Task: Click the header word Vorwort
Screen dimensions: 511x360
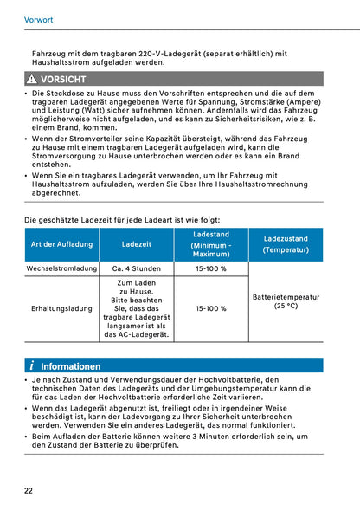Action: [x=37, y=15]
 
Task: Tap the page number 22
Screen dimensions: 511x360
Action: [x=29, y=491]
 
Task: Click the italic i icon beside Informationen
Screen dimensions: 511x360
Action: [x=31, y=365]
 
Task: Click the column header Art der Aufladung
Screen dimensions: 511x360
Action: [x=61, y=244]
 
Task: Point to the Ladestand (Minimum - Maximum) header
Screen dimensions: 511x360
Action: [x=211, y=244]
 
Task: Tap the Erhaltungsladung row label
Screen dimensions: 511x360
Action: [x=61, y=308]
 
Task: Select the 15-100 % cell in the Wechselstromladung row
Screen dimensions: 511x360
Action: [x=211, y=269]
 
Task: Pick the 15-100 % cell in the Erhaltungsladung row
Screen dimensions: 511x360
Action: [x=211, y=308]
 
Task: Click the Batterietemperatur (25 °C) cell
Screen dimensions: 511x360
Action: [x=286, y=301]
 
